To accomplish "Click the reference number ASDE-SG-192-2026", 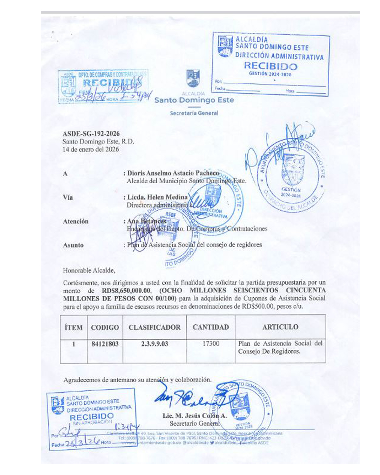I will click(91, 134).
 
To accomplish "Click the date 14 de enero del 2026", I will click(91, 149).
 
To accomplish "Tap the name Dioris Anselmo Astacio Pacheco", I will click(173, 173).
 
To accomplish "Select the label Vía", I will click(68, 197).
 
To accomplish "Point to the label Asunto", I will click(73, 245).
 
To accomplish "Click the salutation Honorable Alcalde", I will click(89, 271).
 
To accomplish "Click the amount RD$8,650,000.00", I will click(126, 291).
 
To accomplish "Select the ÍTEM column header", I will click(74, 327).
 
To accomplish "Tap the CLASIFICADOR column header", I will click(154, 327).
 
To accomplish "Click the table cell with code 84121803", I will click(105, 344).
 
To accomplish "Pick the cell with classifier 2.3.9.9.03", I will click(154, 344).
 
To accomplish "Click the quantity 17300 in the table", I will click(211, 343).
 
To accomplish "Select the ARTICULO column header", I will click(280, 327).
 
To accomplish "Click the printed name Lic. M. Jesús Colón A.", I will click(195, 416).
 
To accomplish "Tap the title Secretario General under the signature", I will click(194, 424).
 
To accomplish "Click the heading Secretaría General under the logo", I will click(194, 113).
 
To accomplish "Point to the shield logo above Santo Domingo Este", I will click(193, 78).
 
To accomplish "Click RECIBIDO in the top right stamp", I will click(271, 66).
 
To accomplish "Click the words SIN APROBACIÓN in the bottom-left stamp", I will click(92, 423).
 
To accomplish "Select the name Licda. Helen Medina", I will click(157, 197).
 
